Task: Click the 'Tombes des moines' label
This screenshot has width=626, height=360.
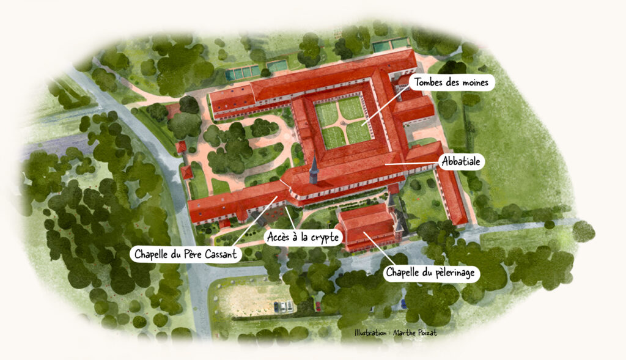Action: (452, 83)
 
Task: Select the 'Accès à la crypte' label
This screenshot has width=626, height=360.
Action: (302, 237)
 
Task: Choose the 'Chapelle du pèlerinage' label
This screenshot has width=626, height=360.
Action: (432, 272)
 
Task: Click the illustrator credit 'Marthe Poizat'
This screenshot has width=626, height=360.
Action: (419, 334)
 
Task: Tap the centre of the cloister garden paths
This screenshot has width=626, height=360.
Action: (346, 122)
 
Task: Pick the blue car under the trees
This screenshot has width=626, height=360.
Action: (403, 303)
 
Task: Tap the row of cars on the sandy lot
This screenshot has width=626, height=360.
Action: (282, 306)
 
